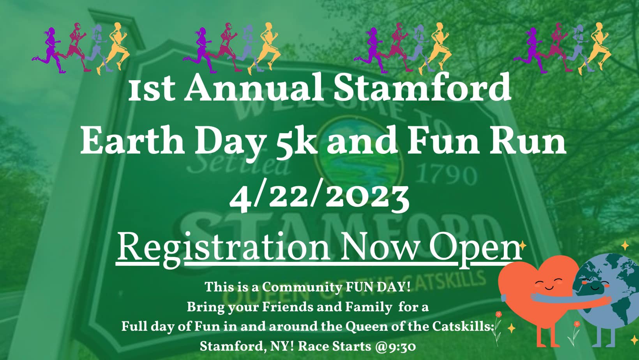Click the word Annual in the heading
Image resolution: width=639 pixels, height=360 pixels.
tap(253, 88)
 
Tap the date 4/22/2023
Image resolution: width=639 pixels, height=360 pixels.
tap(319, 197)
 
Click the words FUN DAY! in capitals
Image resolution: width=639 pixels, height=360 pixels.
tap(378, 287)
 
